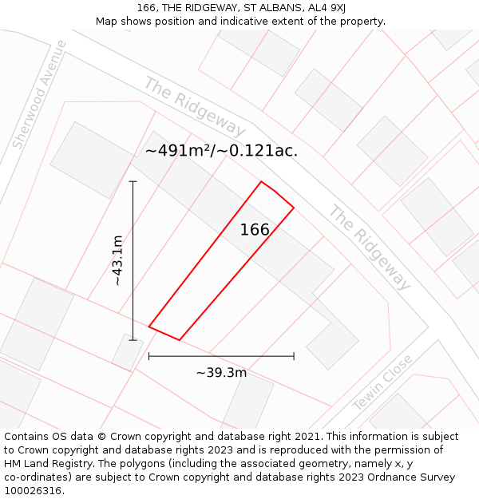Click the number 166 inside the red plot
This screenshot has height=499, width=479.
[x=255, y=230]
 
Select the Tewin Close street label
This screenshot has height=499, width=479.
[x=383, y=382]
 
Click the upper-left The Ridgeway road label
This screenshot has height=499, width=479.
[x=194, y=107]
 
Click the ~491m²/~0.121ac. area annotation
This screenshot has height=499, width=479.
[x=221, y=151]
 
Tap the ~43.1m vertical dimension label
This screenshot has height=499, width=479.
[x=117, y=260]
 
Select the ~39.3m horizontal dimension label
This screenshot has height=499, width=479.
[x=221, y=372]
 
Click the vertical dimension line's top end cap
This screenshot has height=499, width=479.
[x=133, y=182]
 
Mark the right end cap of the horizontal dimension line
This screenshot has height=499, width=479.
[x=294, y=356]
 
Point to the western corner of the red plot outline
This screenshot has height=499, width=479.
[x=149, y=326]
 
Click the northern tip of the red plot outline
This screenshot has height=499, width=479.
[x=261, y=182]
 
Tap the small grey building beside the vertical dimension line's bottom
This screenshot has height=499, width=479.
[x=127, y=352]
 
